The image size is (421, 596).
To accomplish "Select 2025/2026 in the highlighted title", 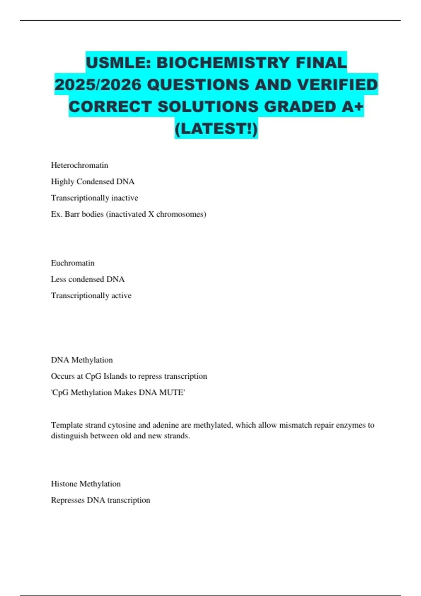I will pyautogui.click(x=98, y=85).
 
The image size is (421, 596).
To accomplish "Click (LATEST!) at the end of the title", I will pyautogui.click(x=216, y=128).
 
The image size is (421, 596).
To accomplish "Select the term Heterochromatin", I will pyautogui.click(x=79, y=165).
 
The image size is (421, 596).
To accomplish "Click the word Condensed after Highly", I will pyautogui.click(x=95, y=182).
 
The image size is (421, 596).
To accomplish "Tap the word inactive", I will pyautogui.click(x=125, y=198).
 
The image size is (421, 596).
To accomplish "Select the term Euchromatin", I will pyautogui.click(x=73, y=263).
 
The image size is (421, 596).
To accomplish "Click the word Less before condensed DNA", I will pyautogui.click(x=58, y=279).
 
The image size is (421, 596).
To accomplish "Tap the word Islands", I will pyautogui.click(x=115, y=376).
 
